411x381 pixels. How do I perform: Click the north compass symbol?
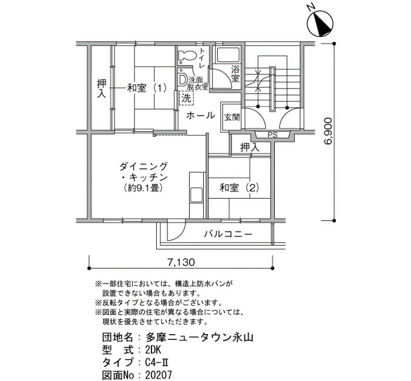point(320,22)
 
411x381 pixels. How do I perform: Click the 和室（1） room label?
point(147,88)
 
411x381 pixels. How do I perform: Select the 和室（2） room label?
point(240,188)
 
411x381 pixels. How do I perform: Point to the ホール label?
point(201,115)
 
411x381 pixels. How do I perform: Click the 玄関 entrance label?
point(232,117)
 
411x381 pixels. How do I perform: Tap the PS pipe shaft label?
point(272,135)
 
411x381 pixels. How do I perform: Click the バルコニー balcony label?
point(228,234)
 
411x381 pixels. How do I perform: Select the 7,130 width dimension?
point(181,262)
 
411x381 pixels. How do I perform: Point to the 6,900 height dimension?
point(328,131)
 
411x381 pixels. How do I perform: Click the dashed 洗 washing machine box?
point(186,98)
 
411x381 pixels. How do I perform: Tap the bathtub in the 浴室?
point(227,55)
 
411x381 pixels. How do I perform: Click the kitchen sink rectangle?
point(196,195)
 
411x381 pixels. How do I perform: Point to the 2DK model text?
point(153,350)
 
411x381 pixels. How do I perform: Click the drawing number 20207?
point(159,375)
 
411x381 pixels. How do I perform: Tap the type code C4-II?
point(157,362)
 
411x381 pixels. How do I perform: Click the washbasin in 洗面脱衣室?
point(183,80)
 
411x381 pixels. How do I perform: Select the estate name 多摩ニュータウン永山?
point(200,337)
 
